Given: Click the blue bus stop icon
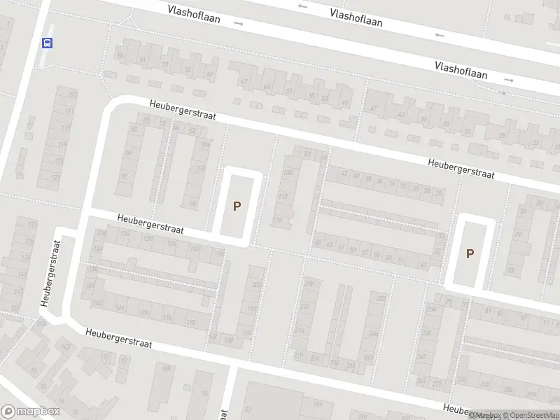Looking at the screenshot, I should [x=48, y=43].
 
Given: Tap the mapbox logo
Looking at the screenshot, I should [x=31, y=412].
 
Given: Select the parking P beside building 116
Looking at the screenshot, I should [x=237, y=206].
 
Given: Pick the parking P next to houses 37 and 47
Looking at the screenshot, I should [x=470, y=253].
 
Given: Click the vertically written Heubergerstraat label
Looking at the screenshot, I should [x=51, y=272].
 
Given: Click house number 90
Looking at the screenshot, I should [x=125, y=175].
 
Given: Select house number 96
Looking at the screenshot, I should [x=194, y=204].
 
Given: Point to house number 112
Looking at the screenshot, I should [x=283, y=197].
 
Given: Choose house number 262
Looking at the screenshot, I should [x=421, y=356].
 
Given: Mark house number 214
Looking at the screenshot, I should [x=300, y=330].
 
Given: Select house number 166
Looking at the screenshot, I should [x=120, y=308].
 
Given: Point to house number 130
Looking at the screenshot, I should [x=147, y=239].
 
